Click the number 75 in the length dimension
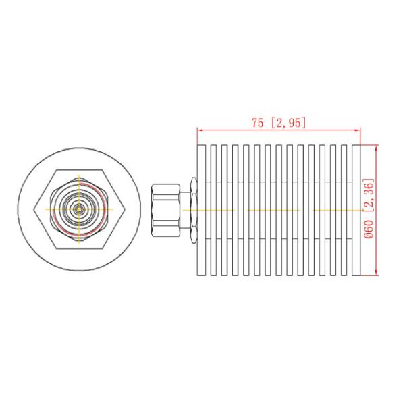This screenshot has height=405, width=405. tap(257, 123)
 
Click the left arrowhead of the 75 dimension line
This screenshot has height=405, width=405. tap(200, 130)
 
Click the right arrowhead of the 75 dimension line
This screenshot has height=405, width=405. tap(357, 130)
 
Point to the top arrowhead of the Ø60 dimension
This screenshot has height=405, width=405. tap(375, 148)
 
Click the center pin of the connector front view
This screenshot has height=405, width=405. tap(80, 210)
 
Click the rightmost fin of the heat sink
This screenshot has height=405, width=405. tap(357, 210)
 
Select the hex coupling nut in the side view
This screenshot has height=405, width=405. tap(165, 210)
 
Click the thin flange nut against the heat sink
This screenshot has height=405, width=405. tap(193, 210)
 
